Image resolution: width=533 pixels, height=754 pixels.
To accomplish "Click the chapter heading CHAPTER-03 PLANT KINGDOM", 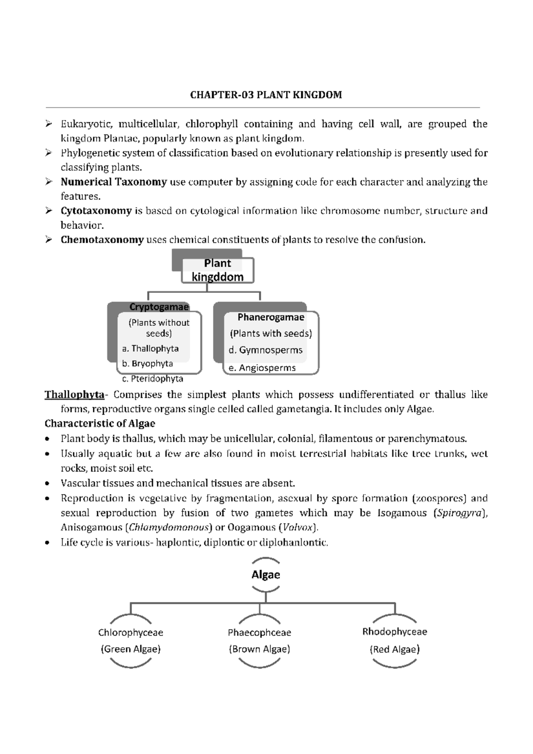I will [x=266, y=95].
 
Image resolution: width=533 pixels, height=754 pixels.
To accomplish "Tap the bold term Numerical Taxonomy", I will [x=114, y=182].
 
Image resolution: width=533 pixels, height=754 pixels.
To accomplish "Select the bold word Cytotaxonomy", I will [x=96, y=211].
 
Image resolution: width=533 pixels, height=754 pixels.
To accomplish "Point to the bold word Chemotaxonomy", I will [x=102, y=240].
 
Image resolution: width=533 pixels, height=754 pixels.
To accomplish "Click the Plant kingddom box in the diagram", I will [x=218, y=270].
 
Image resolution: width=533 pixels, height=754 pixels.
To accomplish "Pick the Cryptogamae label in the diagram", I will [x=159, y=307].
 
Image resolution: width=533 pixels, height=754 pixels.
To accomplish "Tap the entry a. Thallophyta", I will [x=150, y=349].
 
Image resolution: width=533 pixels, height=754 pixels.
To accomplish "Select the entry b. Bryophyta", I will [x=147, y=363].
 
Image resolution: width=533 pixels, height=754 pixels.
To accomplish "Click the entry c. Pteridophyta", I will [x=152, y=379].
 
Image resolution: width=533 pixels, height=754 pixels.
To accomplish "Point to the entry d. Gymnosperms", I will [x=265, y=350].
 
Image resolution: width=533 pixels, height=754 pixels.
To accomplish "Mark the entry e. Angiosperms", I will [x=262, y=368].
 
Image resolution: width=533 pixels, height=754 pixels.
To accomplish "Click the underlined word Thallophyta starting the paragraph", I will [x=74, y=395].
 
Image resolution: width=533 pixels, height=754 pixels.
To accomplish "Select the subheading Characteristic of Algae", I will [x=99, y=423].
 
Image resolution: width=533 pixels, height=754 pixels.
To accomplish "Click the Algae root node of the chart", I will [x=266, y=574].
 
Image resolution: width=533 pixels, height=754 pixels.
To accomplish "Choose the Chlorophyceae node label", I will [x=131, y=632].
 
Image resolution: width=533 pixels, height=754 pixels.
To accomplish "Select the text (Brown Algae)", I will [x=259, y=649].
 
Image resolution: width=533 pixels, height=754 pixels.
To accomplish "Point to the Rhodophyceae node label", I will [x=394, y=631].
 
